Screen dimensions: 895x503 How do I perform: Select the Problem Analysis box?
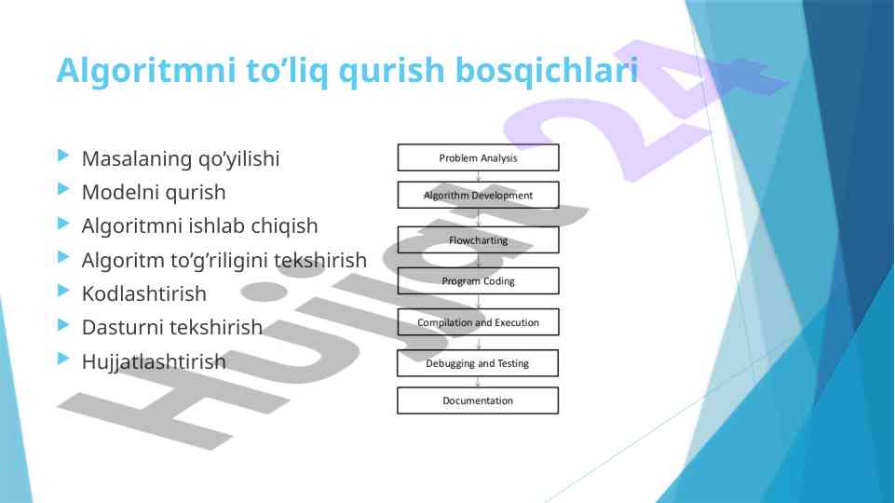479,157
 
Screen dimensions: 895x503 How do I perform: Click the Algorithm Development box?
479,196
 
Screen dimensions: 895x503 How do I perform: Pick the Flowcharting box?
479,239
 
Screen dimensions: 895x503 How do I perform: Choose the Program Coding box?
479,281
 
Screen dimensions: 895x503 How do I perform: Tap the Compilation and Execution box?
479,322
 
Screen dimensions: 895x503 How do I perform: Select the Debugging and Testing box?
478,363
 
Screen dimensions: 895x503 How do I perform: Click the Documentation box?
478,401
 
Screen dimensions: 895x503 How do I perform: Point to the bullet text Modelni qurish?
154,193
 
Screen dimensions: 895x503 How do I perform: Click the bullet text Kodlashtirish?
143,293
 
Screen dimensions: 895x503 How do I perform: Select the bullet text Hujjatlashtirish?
154,361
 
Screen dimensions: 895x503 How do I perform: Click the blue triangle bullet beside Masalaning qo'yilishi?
63,156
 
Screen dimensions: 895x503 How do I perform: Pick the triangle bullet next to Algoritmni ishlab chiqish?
63,224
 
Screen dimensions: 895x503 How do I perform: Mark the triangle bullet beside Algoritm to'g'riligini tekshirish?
63,257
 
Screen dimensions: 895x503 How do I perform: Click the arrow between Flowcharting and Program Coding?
479,261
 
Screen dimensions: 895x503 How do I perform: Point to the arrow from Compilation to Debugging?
479,343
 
